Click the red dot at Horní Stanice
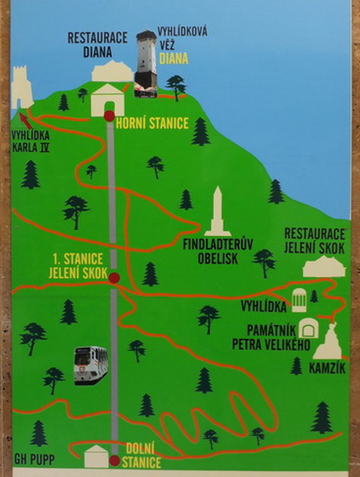(109, 116)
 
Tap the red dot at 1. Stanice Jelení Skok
(114, 278)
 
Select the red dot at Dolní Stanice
(115, 460)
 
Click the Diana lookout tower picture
(147, 64)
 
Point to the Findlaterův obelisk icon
(218, 212)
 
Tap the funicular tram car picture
(90, 365)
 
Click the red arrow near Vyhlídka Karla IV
(25, 121)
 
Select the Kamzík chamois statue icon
(327, 341)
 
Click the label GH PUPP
(34, 459)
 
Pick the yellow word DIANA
(174, 59)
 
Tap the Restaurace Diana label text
(97, 44)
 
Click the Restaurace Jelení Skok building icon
(324, 267)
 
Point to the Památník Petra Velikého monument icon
(308, 328)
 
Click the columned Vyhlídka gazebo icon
(299, 300)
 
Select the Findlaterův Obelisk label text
(218, 252)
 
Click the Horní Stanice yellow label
(152, 124)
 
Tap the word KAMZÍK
(327, 368)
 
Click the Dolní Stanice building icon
(96, 456)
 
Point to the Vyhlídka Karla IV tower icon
(22, 87)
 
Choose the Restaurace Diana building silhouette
(112, 71)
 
